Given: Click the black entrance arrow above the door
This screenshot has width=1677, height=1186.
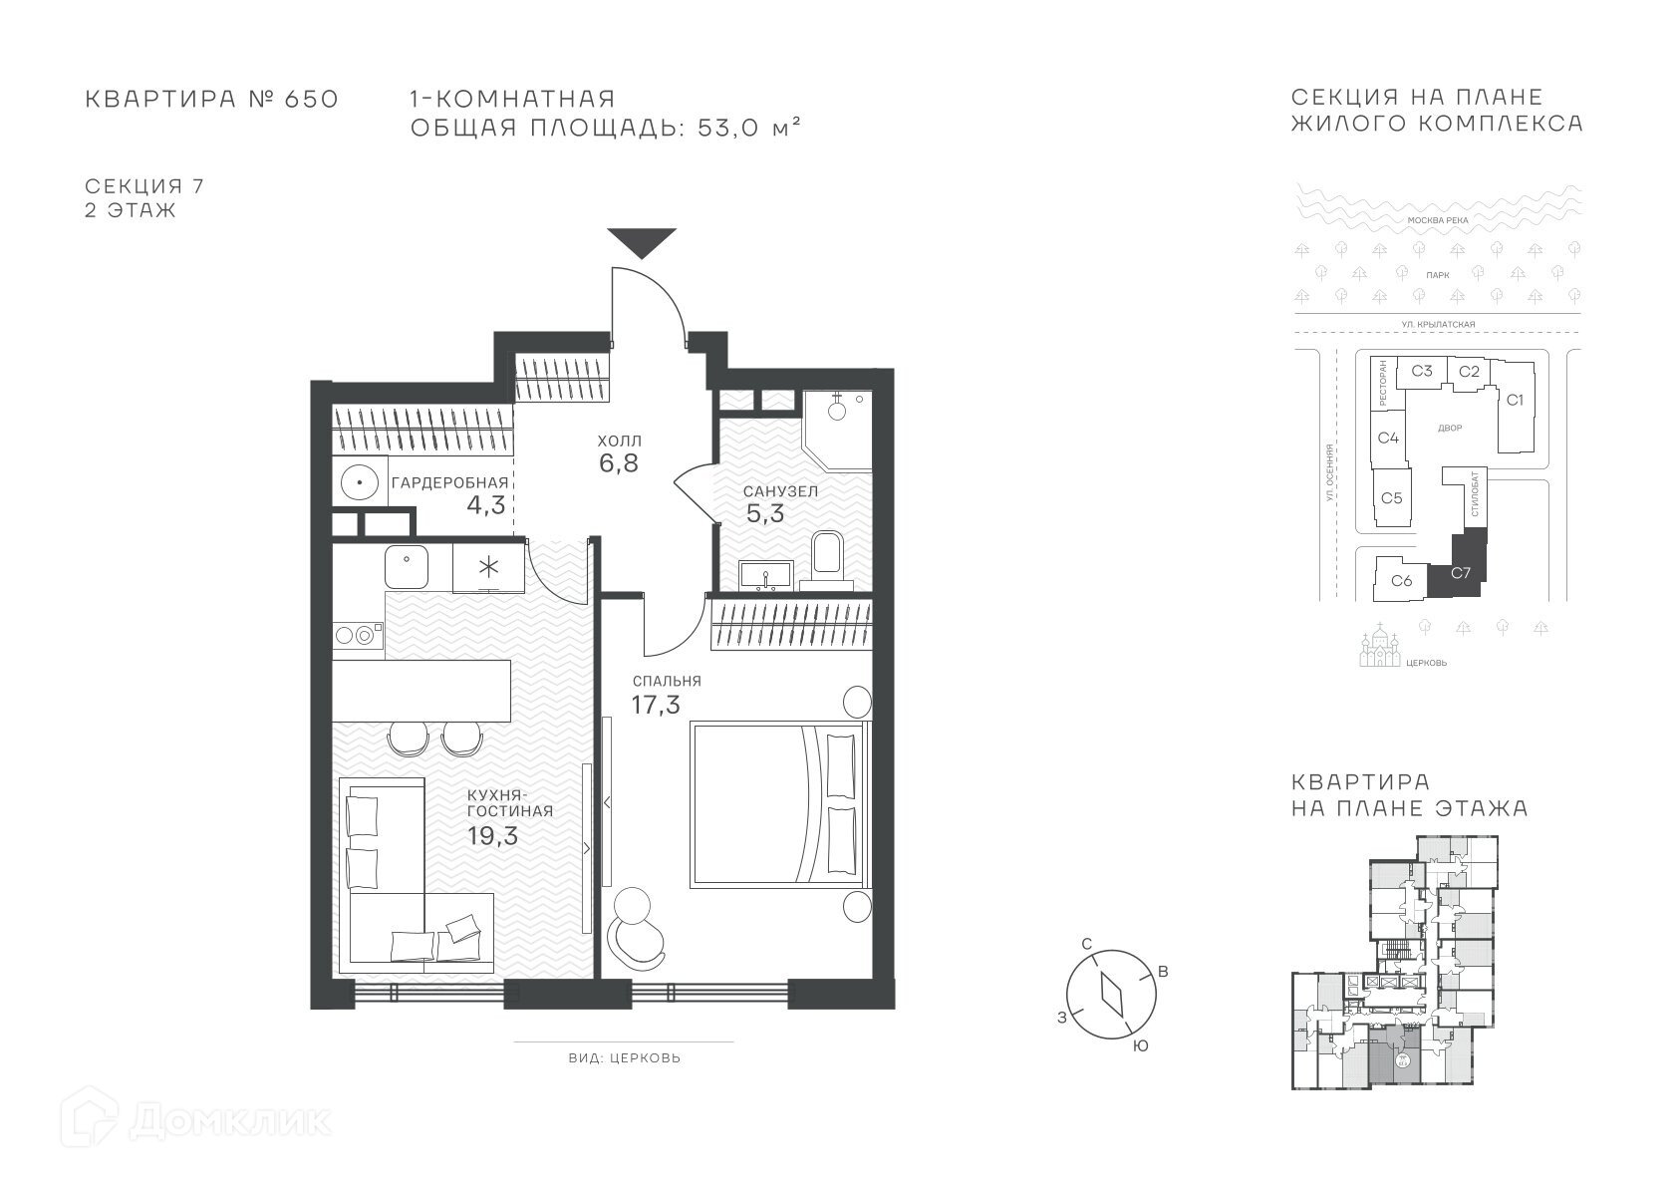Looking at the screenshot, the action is coord(642,242).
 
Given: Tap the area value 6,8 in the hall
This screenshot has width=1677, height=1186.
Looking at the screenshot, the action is coord(619,463).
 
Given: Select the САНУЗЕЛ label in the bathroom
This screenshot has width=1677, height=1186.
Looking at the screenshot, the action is coord(781,491).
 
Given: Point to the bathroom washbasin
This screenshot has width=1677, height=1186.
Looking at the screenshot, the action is coord(766,575).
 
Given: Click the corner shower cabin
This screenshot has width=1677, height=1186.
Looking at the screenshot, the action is coord(837,431).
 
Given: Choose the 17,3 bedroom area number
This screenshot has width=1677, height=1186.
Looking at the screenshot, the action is coord(655,705).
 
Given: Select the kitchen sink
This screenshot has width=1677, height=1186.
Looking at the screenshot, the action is coord(407,566).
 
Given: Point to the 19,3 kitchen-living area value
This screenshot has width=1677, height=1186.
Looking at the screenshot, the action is coord(492,835).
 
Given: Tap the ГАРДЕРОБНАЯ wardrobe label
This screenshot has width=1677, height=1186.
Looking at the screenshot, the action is coord(450,483).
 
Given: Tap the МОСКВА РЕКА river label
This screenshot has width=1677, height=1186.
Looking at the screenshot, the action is coord(1438,220).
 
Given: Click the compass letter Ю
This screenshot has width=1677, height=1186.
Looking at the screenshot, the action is coord(1140,1046).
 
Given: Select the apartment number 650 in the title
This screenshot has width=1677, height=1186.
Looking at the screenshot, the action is coord(311,99).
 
